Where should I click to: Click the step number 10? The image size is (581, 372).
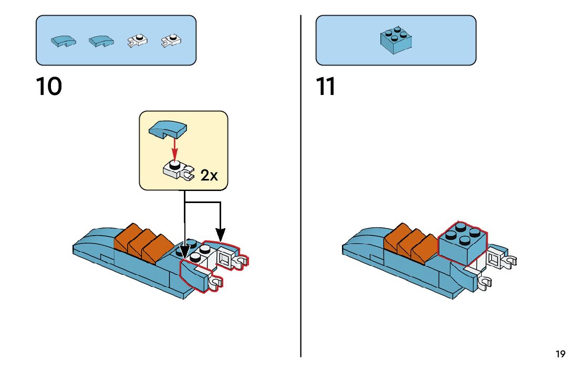[x=49, y=87]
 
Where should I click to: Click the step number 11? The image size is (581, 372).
[x=325, y=87]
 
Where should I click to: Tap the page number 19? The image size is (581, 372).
[x=560, y=354]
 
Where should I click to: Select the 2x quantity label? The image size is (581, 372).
[x=209, y=175]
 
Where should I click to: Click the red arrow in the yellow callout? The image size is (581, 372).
[x=175, y=148]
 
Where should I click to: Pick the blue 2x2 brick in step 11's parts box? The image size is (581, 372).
[x=396, y=40]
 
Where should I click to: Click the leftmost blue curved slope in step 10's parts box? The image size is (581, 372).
[x=64, y=41]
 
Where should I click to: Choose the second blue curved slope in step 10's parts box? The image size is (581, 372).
[x=101, y=41]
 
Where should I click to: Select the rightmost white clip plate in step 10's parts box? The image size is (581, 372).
[x=171, y=41]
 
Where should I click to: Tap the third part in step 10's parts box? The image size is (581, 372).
[x=137, y=41]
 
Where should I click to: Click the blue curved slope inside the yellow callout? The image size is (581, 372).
[x=168, y=129]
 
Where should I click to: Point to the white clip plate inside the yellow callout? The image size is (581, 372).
[x=178, y=171]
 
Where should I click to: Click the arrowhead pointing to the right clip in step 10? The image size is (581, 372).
[x=221, y=235]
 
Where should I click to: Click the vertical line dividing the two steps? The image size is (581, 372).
[x=301, y=186]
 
